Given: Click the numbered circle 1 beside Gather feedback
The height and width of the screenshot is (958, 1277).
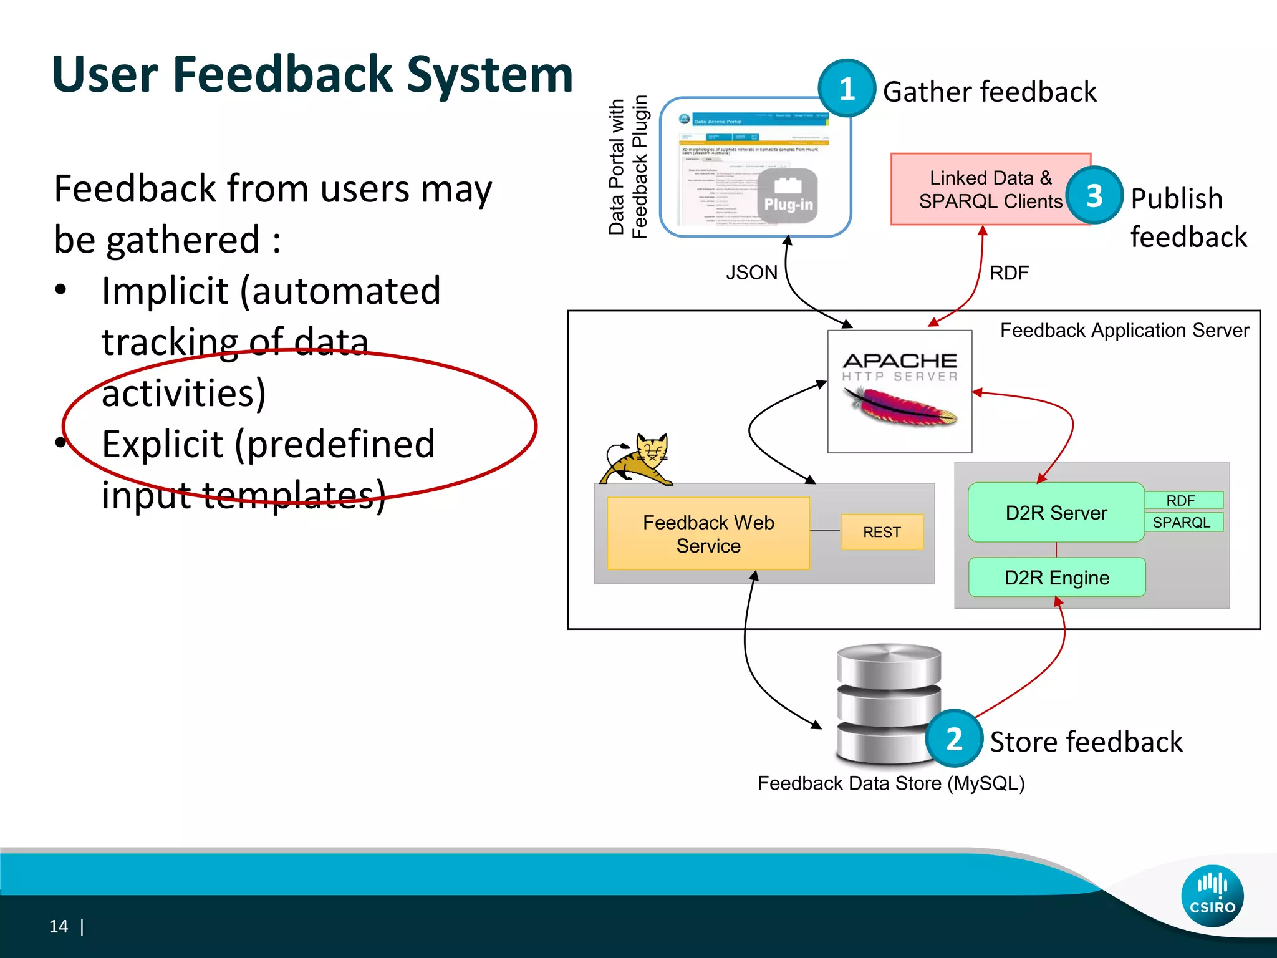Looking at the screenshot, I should [847, 89].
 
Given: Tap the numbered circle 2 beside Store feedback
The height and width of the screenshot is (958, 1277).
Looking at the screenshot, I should [954, 739].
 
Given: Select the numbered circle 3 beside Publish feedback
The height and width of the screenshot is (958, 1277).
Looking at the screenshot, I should [1094, 196].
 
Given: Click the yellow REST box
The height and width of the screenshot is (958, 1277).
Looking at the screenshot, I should [882, 532].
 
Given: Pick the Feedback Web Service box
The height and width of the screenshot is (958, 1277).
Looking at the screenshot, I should [708, 534].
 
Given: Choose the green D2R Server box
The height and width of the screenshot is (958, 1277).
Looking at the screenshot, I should [1056, 513].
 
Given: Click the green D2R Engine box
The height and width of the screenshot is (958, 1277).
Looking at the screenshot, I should [1057, 578].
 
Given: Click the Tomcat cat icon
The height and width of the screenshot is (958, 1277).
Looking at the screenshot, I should [636, 460].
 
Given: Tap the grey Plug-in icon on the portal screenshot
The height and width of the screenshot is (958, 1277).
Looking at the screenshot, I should [788, 196].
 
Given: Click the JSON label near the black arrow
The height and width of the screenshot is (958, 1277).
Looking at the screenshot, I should [751, 273].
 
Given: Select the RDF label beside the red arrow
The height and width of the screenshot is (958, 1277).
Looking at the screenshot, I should [1009, 273].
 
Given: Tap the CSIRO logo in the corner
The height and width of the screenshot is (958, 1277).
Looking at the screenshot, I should [1212, 896].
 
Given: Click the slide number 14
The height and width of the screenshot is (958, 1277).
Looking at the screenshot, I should [59, 927].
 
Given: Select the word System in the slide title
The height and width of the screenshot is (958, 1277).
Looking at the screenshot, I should [489, 75].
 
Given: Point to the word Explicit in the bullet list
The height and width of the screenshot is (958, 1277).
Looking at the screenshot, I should [162, 444].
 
